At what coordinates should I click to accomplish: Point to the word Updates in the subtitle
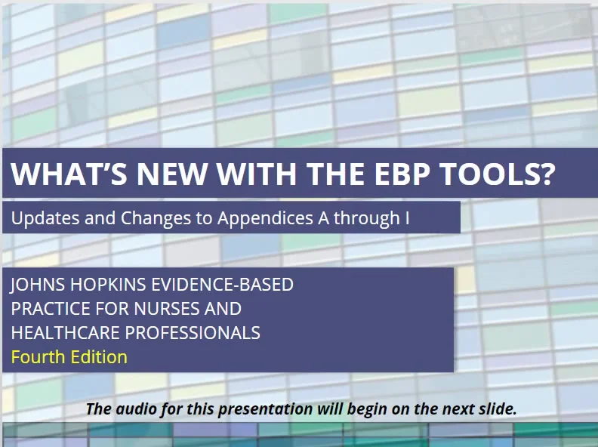click(x=42, y=219)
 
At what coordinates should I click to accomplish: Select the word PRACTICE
click(x=47, y=309)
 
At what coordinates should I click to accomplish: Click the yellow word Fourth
click(x=37, y=357)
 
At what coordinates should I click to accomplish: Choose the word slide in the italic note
click(x=496, y=409)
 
